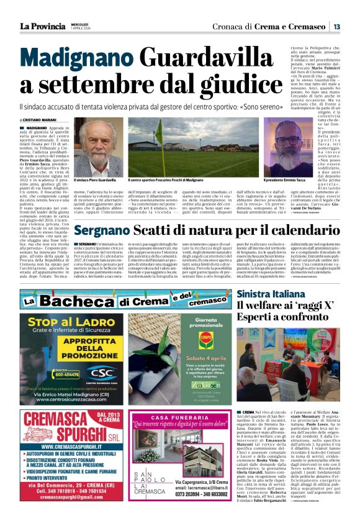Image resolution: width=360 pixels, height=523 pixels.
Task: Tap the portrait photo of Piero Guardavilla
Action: (97, 149)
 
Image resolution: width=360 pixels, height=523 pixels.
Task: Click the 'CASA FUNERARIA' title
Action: (180, 417)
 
